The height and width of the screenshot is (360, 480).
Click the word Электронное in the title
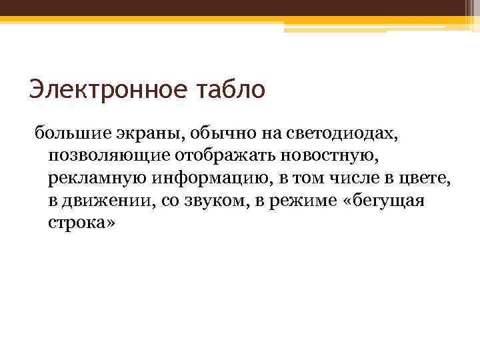coord(103,89)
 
